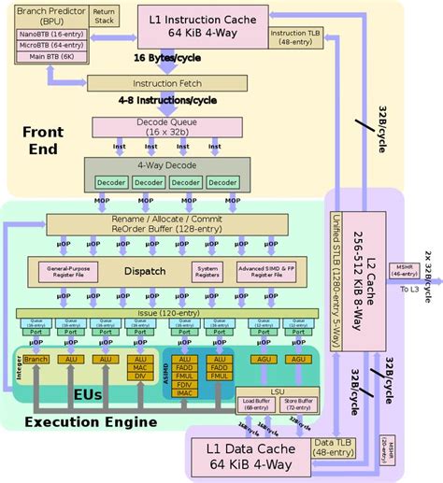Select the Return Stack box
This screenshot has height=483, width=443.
(104, 18)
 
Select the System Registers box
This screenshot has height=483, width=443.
(207, 271)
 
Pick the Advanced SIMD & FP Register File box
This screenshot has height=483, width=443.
(273, 271)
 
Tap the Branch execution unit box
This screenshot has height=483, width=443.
(37, 360)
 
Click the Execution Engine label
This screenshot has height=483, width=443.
(91, 422)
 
